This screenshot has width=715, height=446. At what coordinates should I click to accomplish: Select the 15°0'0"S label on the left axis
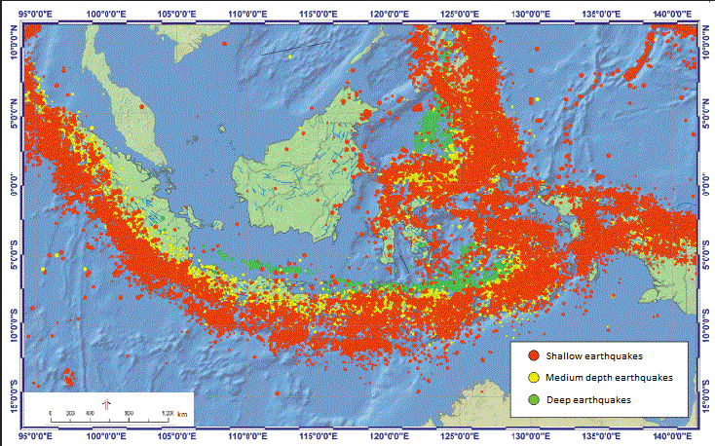(x=13, y=394)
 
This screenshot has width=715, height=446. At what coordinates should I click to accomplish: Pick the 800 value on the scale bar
(x=129, y=413)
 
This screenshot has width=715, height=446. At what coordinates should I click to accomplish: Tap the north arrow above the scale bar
(x=107, y=403)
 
